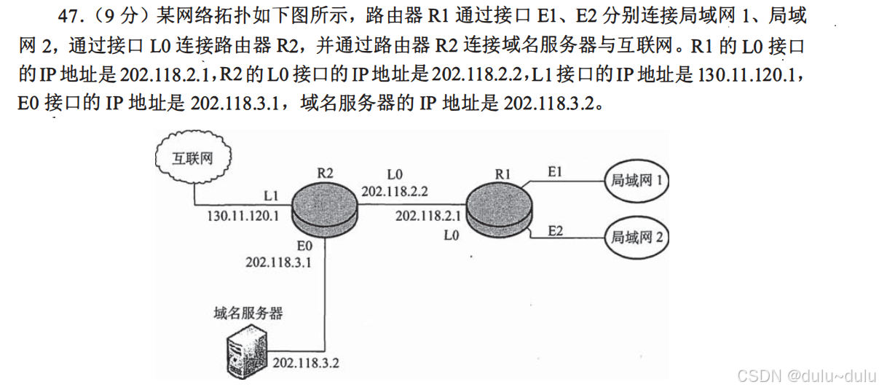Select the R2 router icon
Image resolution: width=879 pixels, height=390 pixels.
pyautogui.click(x=325, y=206)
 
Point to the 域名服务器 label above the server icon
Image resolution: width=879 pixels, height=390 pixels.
pyautogui.click(x=248, y=313)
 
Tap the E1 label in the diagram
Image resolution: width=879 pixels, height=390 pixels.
pyautogui.click(x=556, y=171)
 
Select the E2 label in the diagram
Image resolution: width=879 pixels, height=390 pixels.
pyautogui.click(x=556, y=230)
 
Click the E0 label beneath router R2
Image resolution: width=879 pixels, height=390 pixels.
pyautogui.click(x=304, y=246)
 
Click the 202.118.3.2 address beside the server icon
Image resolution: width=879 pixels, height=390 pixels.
pyautogui.click(x=306, y=362)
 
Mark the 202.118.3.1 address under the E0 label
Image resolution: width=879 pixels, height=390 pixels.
pyautogui.click(x=279, y=262)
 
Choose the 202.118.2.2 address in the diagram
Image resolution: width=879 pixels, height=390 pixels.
pyautogui.click(x=395, y=192)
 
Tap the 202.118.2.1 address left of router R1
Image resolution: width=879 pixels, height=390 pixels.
pyautogui.click(x=428, y=216)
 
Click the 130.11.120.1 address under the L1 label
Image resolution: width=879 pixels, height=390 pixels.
pyautogui.click(x=243, y=216)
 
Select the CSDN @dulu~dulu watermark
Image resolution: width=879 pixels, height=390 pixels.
pyautogui.click(x=805, y=375)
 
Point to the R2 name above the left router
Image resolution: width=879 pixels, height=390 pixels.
pyautogui.click(x=325, y=173)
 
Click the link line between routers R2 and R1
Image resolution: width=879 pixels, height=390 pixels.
pyautogui.click(x=411, y=205)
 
